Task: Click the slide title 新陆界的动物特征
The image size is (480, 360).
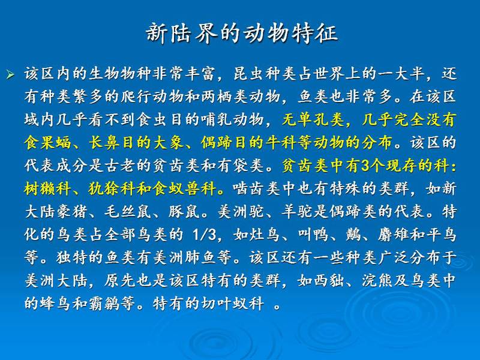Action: (242, 33)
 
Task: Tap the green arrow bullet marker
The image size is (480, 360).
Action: (10, 74)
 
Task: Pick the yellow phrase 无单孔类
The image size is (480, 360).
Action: (313, 119)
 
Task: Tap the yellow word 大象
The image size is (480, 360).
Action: (169, 143)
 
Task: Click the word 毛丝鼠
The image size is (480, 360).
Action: (128, 211)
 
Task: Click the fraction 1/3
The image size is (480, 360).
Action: (204, 235)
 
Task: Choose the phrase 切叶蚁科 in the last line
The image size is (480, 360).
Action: (233, 303)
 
